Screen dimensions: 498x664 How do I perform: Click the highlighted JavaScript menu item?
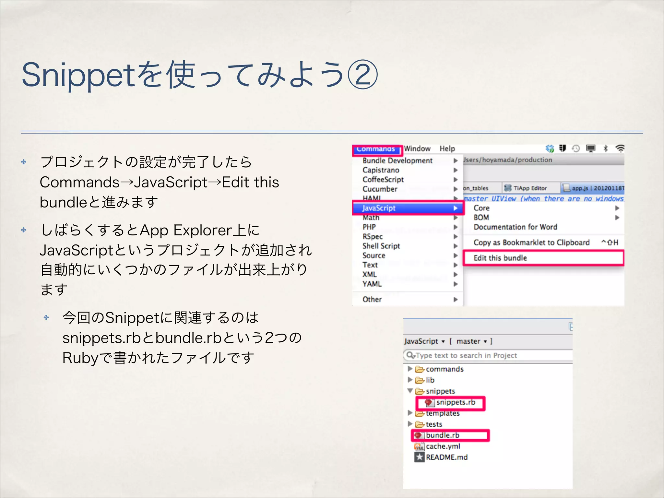pos(379,208)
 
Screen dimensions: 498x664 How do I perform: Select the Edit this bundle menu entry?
pos(500,258)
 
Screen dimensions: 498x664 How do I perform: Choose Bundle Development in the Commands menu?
pos(397,160)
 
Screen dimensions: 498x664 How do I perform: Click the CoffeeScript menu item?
pos(383,180)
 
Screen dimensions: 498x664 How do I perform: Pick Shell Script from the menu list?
pos(381,246)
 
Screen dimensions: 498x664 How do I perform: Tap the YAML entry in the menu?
pos(372,284)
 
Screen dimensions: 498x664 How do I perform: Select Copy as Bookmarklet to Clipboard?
pos(531,243)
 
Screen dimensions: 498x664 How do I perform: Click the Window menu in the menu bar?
pos(417,149)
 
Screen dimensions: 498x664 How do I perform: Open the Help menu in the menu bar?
pos(447,149)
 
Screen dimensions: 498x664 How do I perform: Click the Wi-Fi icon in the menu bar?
pos(620,149)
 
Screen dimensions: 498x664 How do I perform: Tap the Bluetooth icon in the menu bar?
pos(605,149)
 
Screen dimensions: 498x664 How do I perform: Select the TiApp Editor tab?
pos(530,188)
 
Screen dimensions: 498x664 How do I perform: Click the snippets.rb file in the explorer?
pos(455,402)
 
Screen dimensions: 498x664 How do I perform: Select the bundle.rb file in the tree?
pos(442,435)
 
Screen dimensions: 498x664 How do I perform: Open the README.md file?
pos(446,457)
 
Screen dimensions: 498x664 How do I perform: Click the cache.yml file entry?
pos(443,446)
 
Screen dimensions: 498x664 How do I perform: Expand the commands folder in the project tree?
pos(410,369)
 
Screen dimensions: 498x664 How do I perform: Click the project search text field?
pos(490,355)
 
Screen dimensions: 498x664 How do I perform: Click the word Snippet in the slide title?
pos(78,76)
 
